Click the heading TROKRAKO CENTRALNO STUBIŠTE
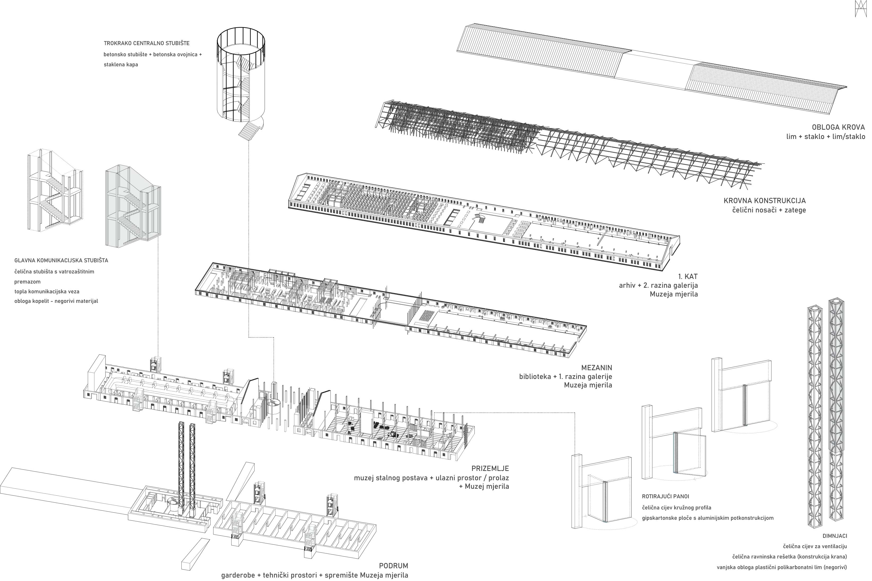[146, 43]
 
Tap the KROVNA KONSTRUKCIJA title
[765, 201]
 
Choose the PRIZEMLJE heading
[490, 468]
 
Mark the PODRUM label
[393, 566]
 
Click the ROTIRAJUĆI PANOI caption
[665, 496]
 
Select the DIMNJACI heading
[835, 536]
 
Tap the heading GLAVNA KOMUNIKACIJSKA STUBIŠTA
[61, 260]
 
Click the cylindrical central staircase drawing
[241, 78]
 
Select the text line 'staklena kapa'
[121, 64]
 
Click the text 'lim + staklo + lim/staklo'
[826, 136]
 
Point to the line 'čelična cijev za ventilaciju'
[814, 546]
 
